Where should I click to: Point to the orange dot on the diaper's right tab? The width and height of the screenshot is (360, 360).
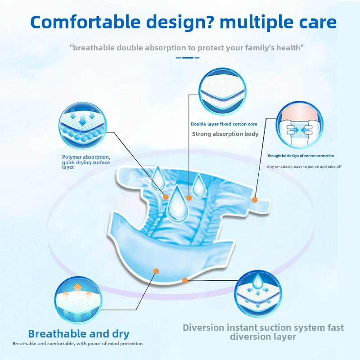(x=255, y=200)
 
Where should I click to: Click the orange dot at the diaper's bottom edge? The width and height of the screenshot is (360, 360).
(x=185, y=280)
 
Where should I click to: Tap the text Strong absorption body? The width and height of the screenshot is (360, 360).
(x=225, y=134)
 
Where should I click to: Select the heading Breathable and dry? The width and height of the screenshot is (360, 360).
(x=79, y=334)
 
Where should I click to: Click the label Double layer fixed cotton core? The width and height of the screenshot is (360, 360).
(x=224, y=124)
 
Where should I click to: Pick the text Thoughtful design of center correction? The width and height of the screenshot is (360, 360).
(x=300, y=156)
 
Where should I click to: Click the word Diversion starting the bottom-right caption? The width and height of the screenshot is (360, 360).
(x=205, y=328)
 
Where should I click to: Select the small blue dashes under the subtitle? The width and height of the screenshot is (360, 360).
(x=187, y=58)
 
